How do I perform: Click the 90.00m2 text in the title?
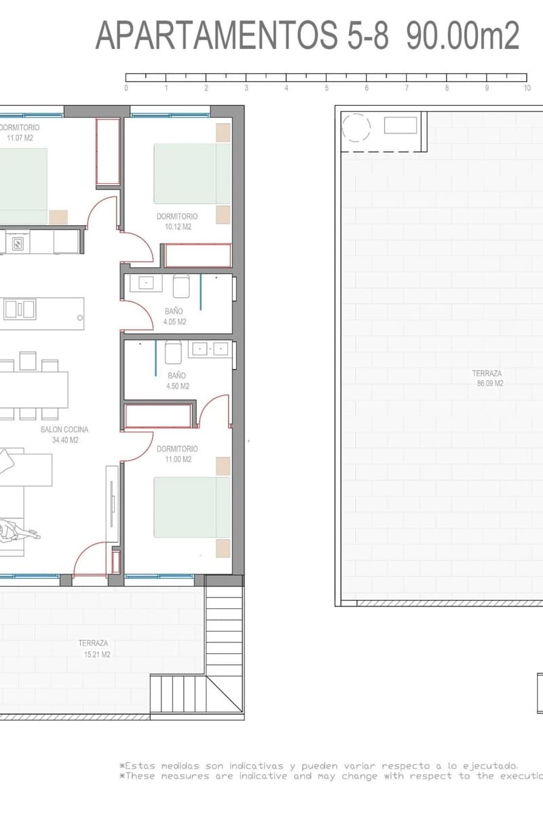tap(463, 35)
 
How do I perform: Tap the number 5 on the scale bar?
tap(326, 88)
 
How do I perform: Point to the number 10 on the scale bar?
tap(527, 88)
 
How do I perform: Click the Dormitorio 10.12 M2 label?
tap(177, 222)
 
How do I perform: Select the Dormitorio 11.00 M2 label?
tap(177, 454)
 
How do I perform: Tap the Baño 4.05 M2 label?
tap(174, 317)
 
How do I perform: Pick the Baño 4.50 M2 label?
tap(176, 381)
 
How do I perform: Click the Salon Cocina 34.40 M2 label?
tap(65, 435)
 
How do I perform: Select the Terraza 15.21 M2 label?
tap(94, 648)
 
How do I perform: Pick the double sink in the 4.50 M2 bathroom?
tap(210, 349)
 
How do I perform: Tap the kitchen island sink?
tap(20, 309)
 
